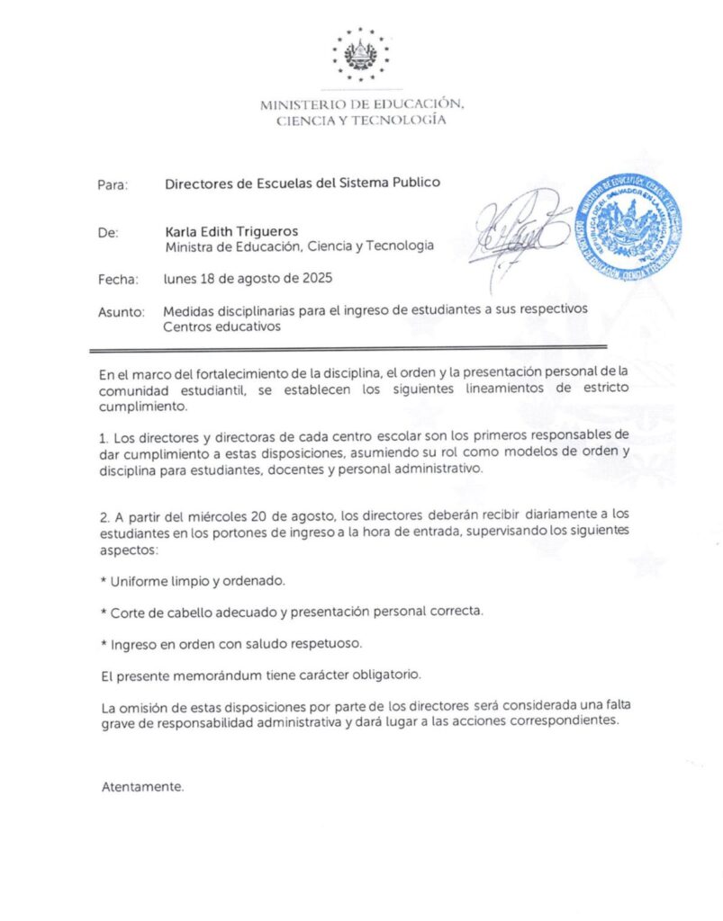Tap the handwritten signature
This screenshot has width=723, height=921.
520,227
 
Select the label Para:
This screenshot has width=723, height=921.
113,184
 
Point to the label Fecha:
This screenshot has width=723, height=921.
117,280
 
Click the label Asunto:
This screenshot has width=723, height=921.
121,312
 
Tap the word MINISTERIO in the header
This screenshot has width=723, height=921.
303,104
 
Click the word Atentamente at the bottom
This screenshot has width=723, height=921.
142,787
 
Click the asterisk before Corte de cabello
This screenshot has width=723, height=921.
104,613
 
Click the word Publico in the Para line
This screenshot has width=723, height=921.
414,183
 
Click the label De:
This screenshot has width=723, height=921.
107,232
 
